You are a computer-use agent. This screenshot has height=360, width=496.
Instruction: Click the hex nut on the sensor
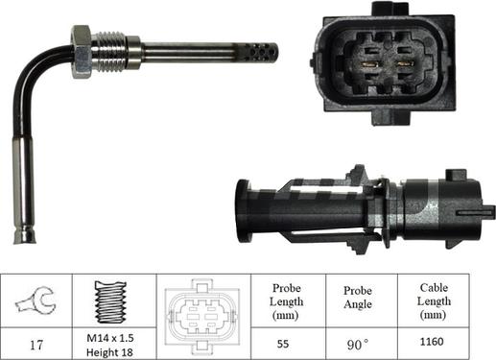pos(81,52)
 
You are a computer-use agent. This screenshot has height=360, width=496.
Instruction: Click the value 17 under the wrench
pos(36,342)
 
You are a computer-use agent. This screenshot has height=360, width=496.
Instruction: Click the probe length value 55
pos(283,342)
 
